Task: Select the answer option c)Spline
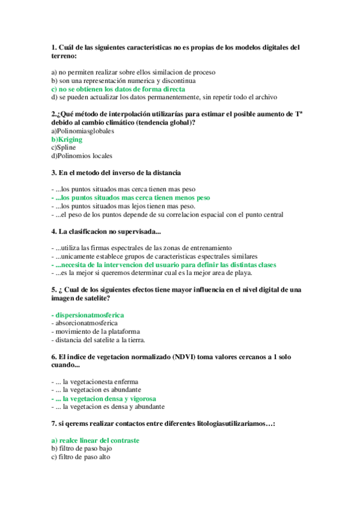click(x=64, y=147)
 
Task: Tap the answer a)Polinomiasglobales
click(x=82, y=131)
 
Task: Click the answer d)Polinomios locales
click(x=82, y=156)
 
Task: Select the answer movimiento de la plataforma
click(x=97, y=331)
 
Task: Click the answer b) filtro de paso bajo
click(x=82, y=448)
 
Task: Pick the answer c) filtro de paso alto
click(x=81, y=456)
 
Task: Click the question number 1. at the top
click(x=54, y=47)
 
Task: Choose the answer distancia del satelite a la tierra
click(x=99, y=340)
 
